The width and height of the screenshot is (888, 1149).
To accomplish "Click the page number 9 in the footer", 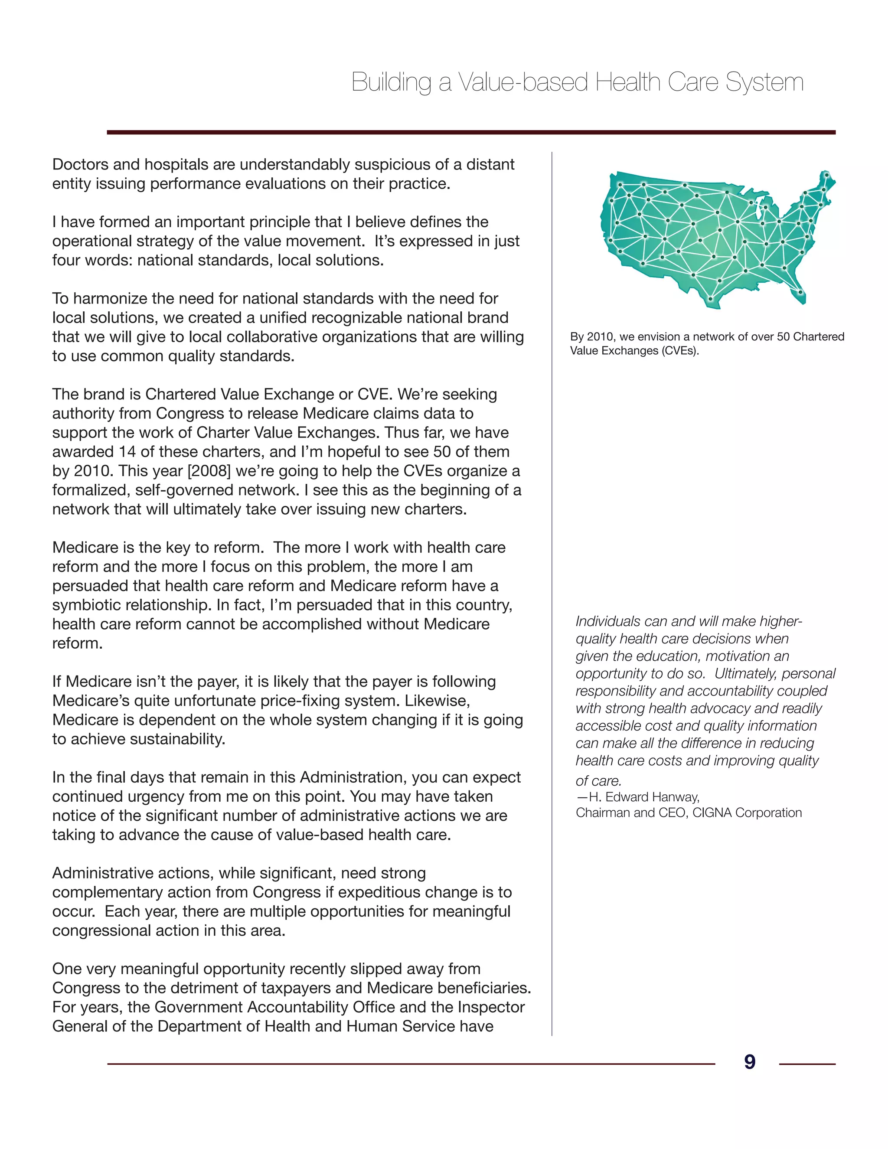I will (x=750, y=1062).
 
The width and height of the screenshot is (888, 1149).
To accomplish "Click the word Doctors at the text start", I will (x=81, y=165).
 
